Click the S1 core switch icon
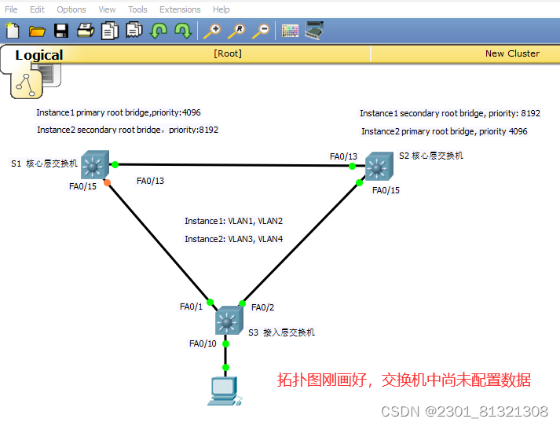coord(95,165)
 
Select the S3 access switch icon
coord(228,320)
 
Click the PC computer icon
coord(223,391)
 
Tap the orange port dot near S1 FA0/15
coord(108,182)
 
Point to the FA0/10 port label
coord(203,343)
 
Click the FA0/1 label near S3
coord(191,307)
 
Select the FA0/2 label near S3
coord(262,307)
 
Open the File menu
coord(11,9)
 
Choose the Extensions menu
coord(180,9)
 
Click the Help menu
coord(221,9)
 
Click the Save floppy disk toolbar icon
coord(61,31)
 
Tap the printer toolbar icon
coord(86,31)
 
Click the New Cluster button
coord(512,53)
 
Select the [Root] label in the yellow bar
coord(228,53)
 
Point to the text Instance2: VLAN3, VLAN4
coord(233,239)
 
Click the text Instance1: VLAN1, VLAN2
coord(233,221)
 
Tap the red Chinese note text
coord(404,380)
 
